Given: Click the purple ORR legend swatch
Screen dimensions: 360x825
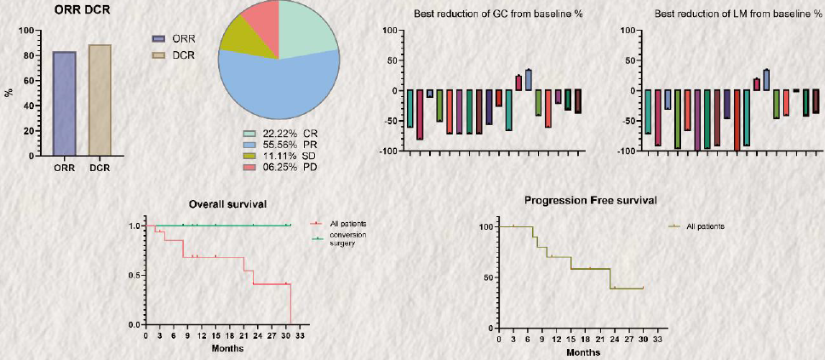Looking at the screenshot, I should tap(158, 39).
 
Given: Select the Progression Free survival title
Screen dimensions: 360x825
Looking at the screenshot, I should tap(590, 201).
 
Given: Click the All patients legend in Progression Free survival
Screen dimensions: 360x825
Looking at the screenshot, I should tap(705, 226).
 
